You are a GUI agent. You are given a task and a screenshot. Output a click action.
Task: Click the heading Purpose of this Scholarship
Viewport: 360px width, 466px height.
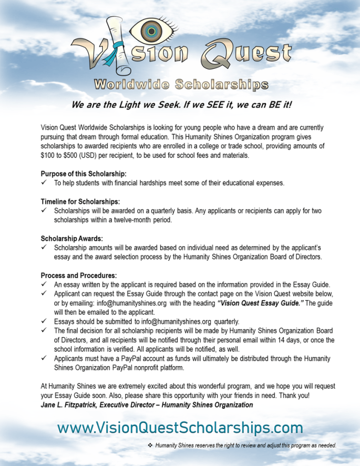tap(84, 174)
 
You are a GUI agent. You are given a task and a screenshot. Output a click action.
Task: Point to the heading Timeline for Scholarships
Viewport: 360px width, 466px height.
tap(80, 201)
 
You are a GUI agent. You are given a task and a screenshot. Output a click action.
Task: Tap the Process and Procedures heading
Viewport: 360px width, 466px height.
tap(79, 275)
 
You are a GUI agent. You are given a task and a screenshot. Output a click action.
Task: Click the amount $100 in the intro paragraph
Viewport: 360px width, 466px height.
tap(49, 156)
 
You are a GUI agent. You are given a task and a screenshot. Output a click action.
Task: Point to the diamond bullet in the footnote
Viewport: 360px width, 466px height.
tap(150, 445)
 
